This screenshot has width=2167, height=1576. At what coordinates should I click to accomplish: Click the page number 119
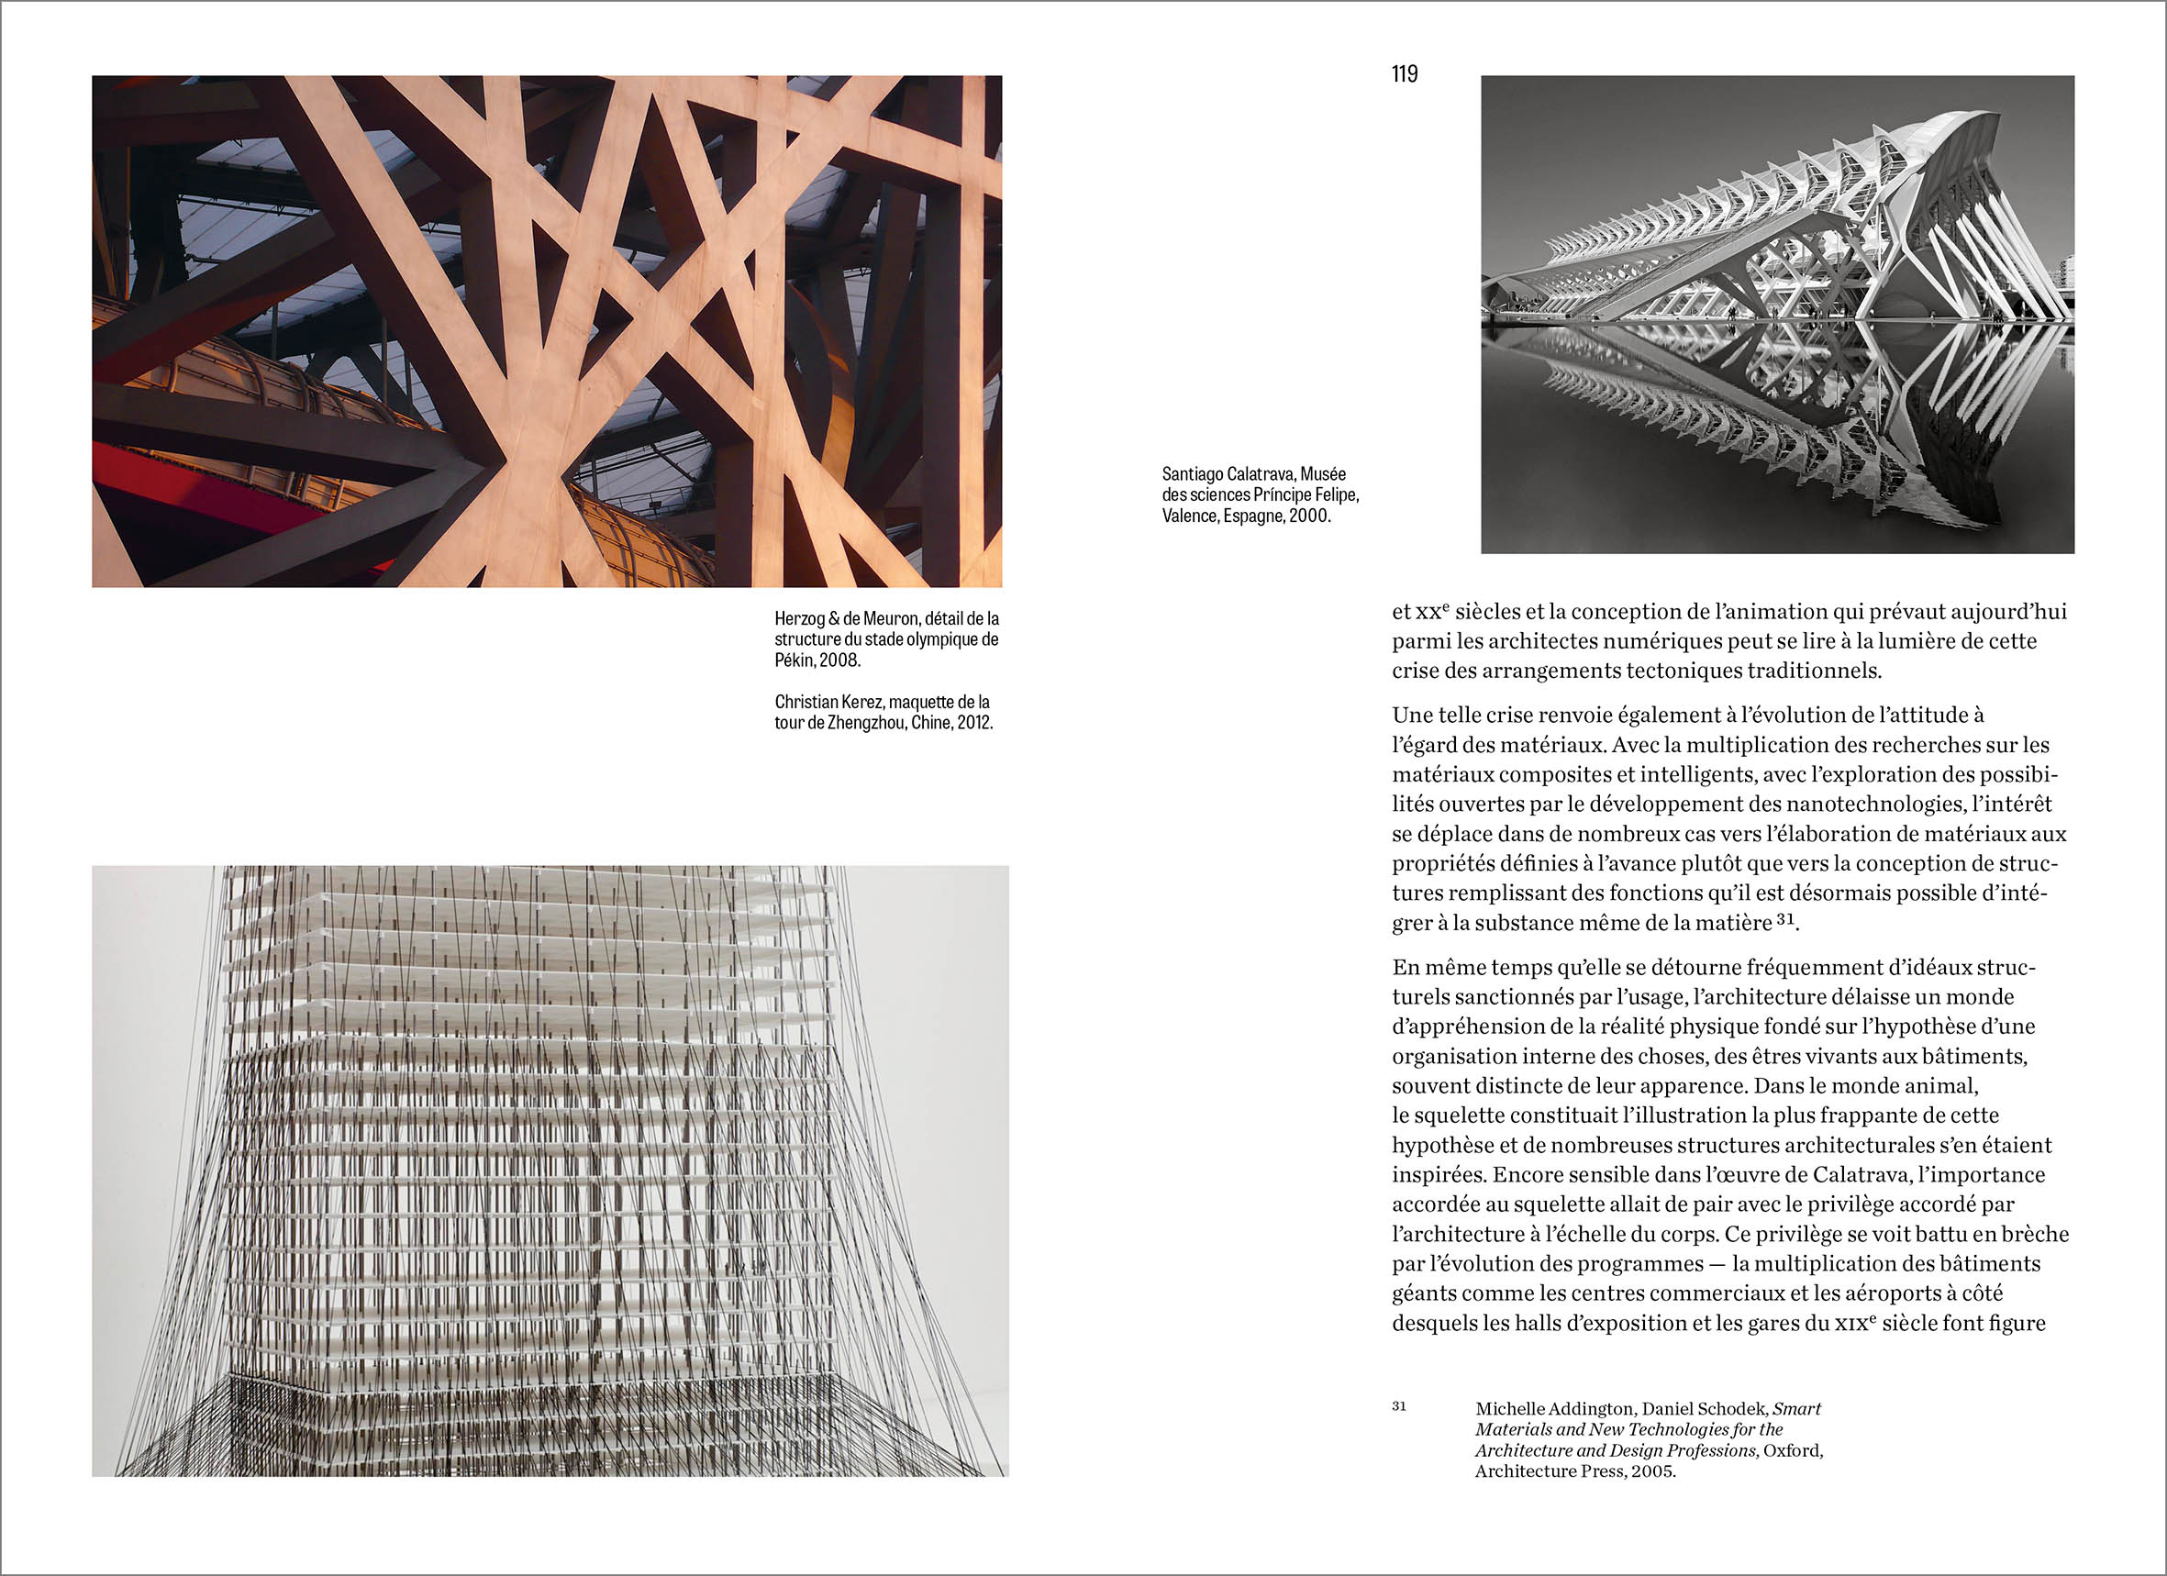coord(1405,74)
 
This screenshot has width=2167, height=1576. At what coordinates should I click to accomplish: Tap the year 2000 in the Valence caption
coord(1309,516)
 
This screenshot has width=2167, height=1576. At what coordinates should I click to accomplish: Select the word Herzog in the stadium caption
coord(800,619)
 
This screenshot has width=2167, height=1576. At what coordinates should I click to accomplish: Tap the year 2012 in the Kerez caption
coord(973,723)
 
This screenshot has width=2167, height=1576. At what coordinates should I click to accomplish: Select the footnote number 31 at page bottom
coord(1399,1406)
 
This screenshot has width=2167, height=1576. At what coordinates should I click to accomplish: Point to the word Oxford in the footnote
coord(1793,1451)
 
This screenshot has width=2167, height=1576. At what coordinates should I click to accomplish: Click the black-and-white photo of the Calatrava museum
coord(1777,315)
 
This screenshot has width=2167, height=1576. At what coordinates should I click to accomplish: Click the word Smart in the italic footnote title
coord(1798,1409)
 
